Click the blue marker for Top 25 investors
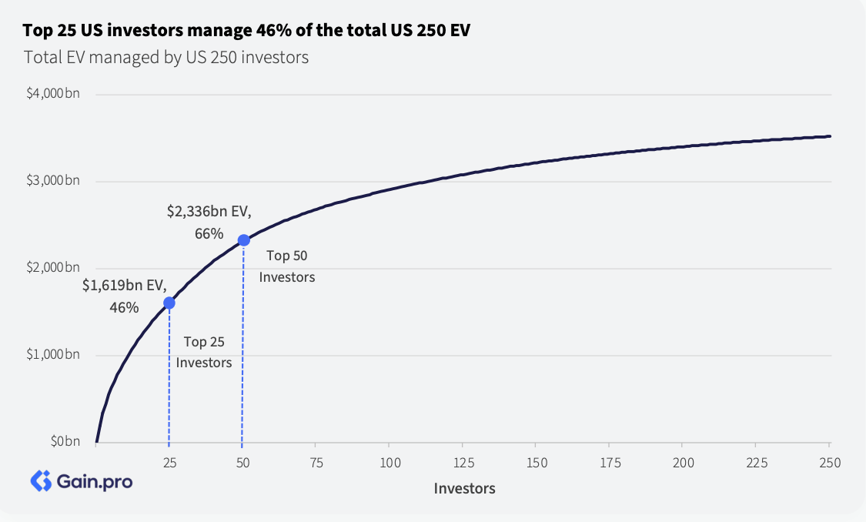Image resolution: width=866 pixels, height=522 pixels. pyautogui.click(x=169, y=303)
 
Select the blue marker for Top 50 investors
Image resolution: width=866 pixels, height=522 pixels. pyautogui.click(x=243, y=240)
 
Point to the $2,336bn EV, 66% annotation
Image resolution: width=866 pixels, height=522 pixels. pyautogui.click(x=209, y=221)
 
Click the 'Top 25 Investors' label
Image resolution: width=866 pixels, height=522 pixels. pyautogui.click(x=204, y=352)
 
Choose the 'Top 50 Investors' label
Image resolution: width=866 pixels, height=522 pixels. pyautogui.click(x=287, y=266)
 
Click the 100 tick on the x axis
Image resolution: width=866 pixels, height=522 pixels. pyautogui.click(x=390, y=463)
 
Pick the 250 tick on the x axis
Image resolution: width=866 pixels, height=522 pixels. pyautogui.click(x=829, y=463)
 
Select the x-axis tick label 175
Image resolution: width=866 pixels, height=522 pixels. pyautogui.click(x=609, y=463)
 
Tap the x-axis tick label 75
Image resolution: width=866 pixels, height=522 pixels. pyautogui.click(x=316, y=463)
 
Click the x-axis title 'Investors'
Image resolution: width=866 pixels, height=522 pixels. pyautogui.click(x=464, y=488)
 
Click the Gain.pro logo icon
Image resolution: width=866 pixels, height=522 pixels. pyautogui.click(x=40, y=481)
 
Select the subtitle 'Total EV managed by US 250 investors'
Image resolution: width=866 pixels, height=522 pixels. pyautogui.click(x=166, y=57)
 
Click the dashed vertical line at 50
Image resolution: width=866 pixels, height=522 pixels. pyautogui.click(x=242, y=346)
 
